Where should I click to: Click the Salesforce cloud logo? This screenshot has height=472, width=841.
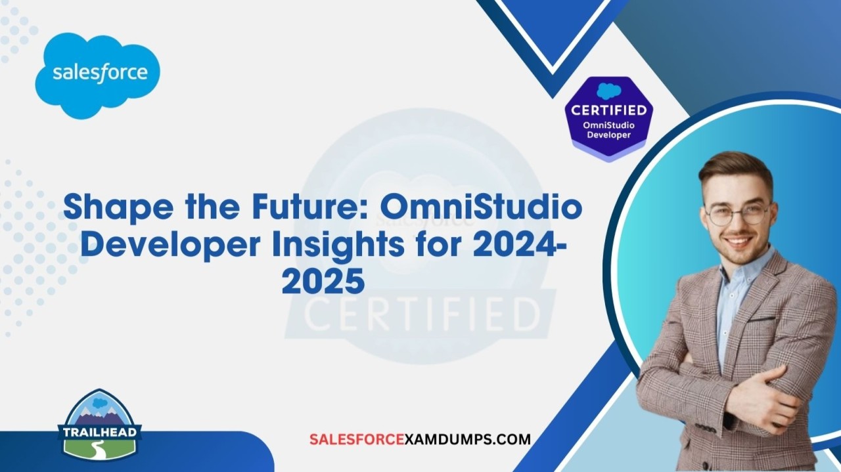[x=98, y=75]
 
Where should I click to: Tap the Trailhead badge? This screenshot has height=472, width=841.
[x=99, y=426]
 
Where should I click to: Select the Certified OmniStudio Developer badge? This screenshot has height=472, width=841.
[x=608, y=119]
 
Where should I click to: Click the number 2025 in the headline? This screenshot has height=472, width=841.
[x=323, y=281]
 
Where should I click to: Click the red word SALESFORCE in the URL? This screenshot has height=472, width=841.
[x=357, y=439]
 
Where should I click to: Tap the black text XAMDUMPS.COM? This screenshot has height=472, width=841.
[x=468, y=439]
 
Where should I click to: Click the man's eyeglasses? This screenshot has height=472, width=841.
[x=737, y=215]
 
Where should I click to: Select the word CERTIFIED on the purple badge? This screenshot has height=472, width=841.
[x=608, y=110]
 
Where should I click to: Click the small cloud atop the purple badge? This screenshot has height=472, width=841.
[x=608, y=92]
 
